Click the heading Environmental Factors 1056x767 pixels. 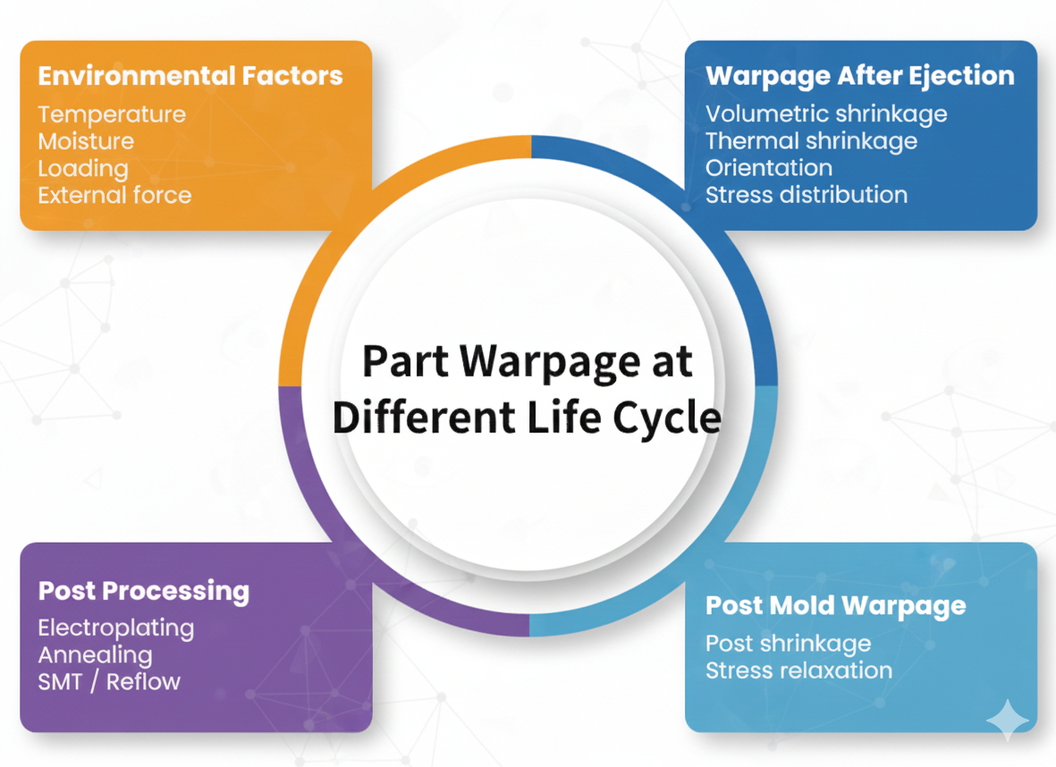[x=190, y=76]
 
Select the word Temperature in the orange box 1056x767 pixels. [x=112, y=114]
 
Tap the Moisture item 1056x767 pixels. [x=86, y=141]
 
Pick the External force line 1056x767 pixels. [x=114, y=195]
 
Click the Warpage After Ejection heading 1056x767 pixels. [x=859, y=76]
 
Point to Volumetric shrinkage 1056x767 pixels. [x=826, y=114]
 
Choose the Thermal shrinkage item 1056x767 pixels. [x=811, y=141]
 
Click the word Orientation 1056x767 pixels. [x=768, y=168]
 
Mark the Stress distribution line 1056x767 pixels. [x=806, y=195]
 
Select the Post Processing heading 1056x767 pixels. [x=143, y=591]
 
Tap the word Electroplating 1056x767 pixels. [x=115, y=628]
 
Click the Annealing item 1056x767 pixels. [x=95, y=654]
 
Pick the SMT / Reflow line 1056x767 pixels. [x=109, y=681]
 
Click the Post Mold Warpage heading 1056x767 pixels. [x=835, y=606]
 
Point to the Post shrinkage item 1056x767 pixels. [x=788, y=644]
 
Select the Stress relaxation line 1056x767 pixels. [x=798, y=670]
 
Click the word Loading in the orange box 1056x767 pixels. [x=83, y=168]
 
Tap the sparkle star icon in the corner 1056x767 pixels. [x=1007, y=721]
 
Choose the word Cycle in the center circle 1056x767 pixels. [x=670, y=417]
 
